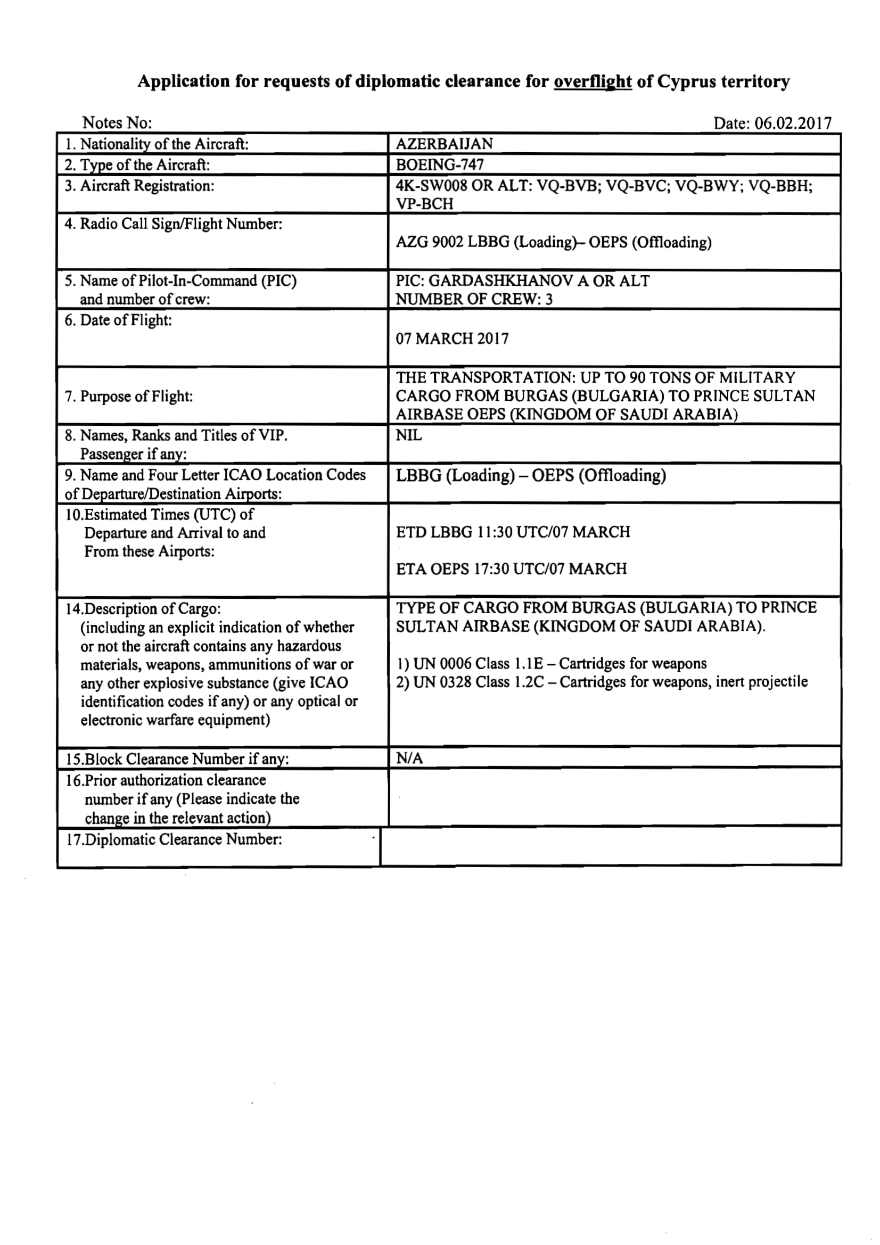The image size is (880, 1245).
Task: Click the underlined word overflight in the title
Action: pos(592,82)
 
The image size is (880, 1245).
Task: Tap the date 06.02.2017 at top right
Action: pos(793,123)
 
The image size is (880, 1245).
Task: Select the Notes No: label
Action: pos(117,123)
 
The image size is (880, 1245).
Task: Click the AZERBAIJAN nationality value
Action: pos(444,144)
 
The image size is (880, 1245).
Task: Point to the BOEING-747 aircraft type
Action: pos(440,165)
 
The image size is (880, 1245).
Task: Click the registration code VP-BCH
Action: pos(424,204)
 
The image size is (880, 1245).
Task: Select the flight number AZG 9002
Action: pos(430,242)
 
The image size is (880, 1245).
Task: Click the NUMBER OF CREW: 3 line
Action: pos(474,299)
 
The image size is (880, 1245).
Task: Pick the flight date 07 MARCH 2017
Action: pos(452,339)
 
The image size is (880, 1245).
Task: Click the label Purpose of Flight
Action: pos(136,397)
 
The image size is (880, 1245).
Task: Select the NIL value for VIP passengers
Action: pos(409,435)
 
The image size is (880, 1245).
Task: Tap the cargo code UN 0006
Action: pos(442,664)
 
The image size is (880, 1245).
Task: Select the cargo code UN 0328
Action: pos(442,682)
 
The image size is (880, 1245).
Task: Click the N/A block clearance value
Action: pos(409,758)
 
